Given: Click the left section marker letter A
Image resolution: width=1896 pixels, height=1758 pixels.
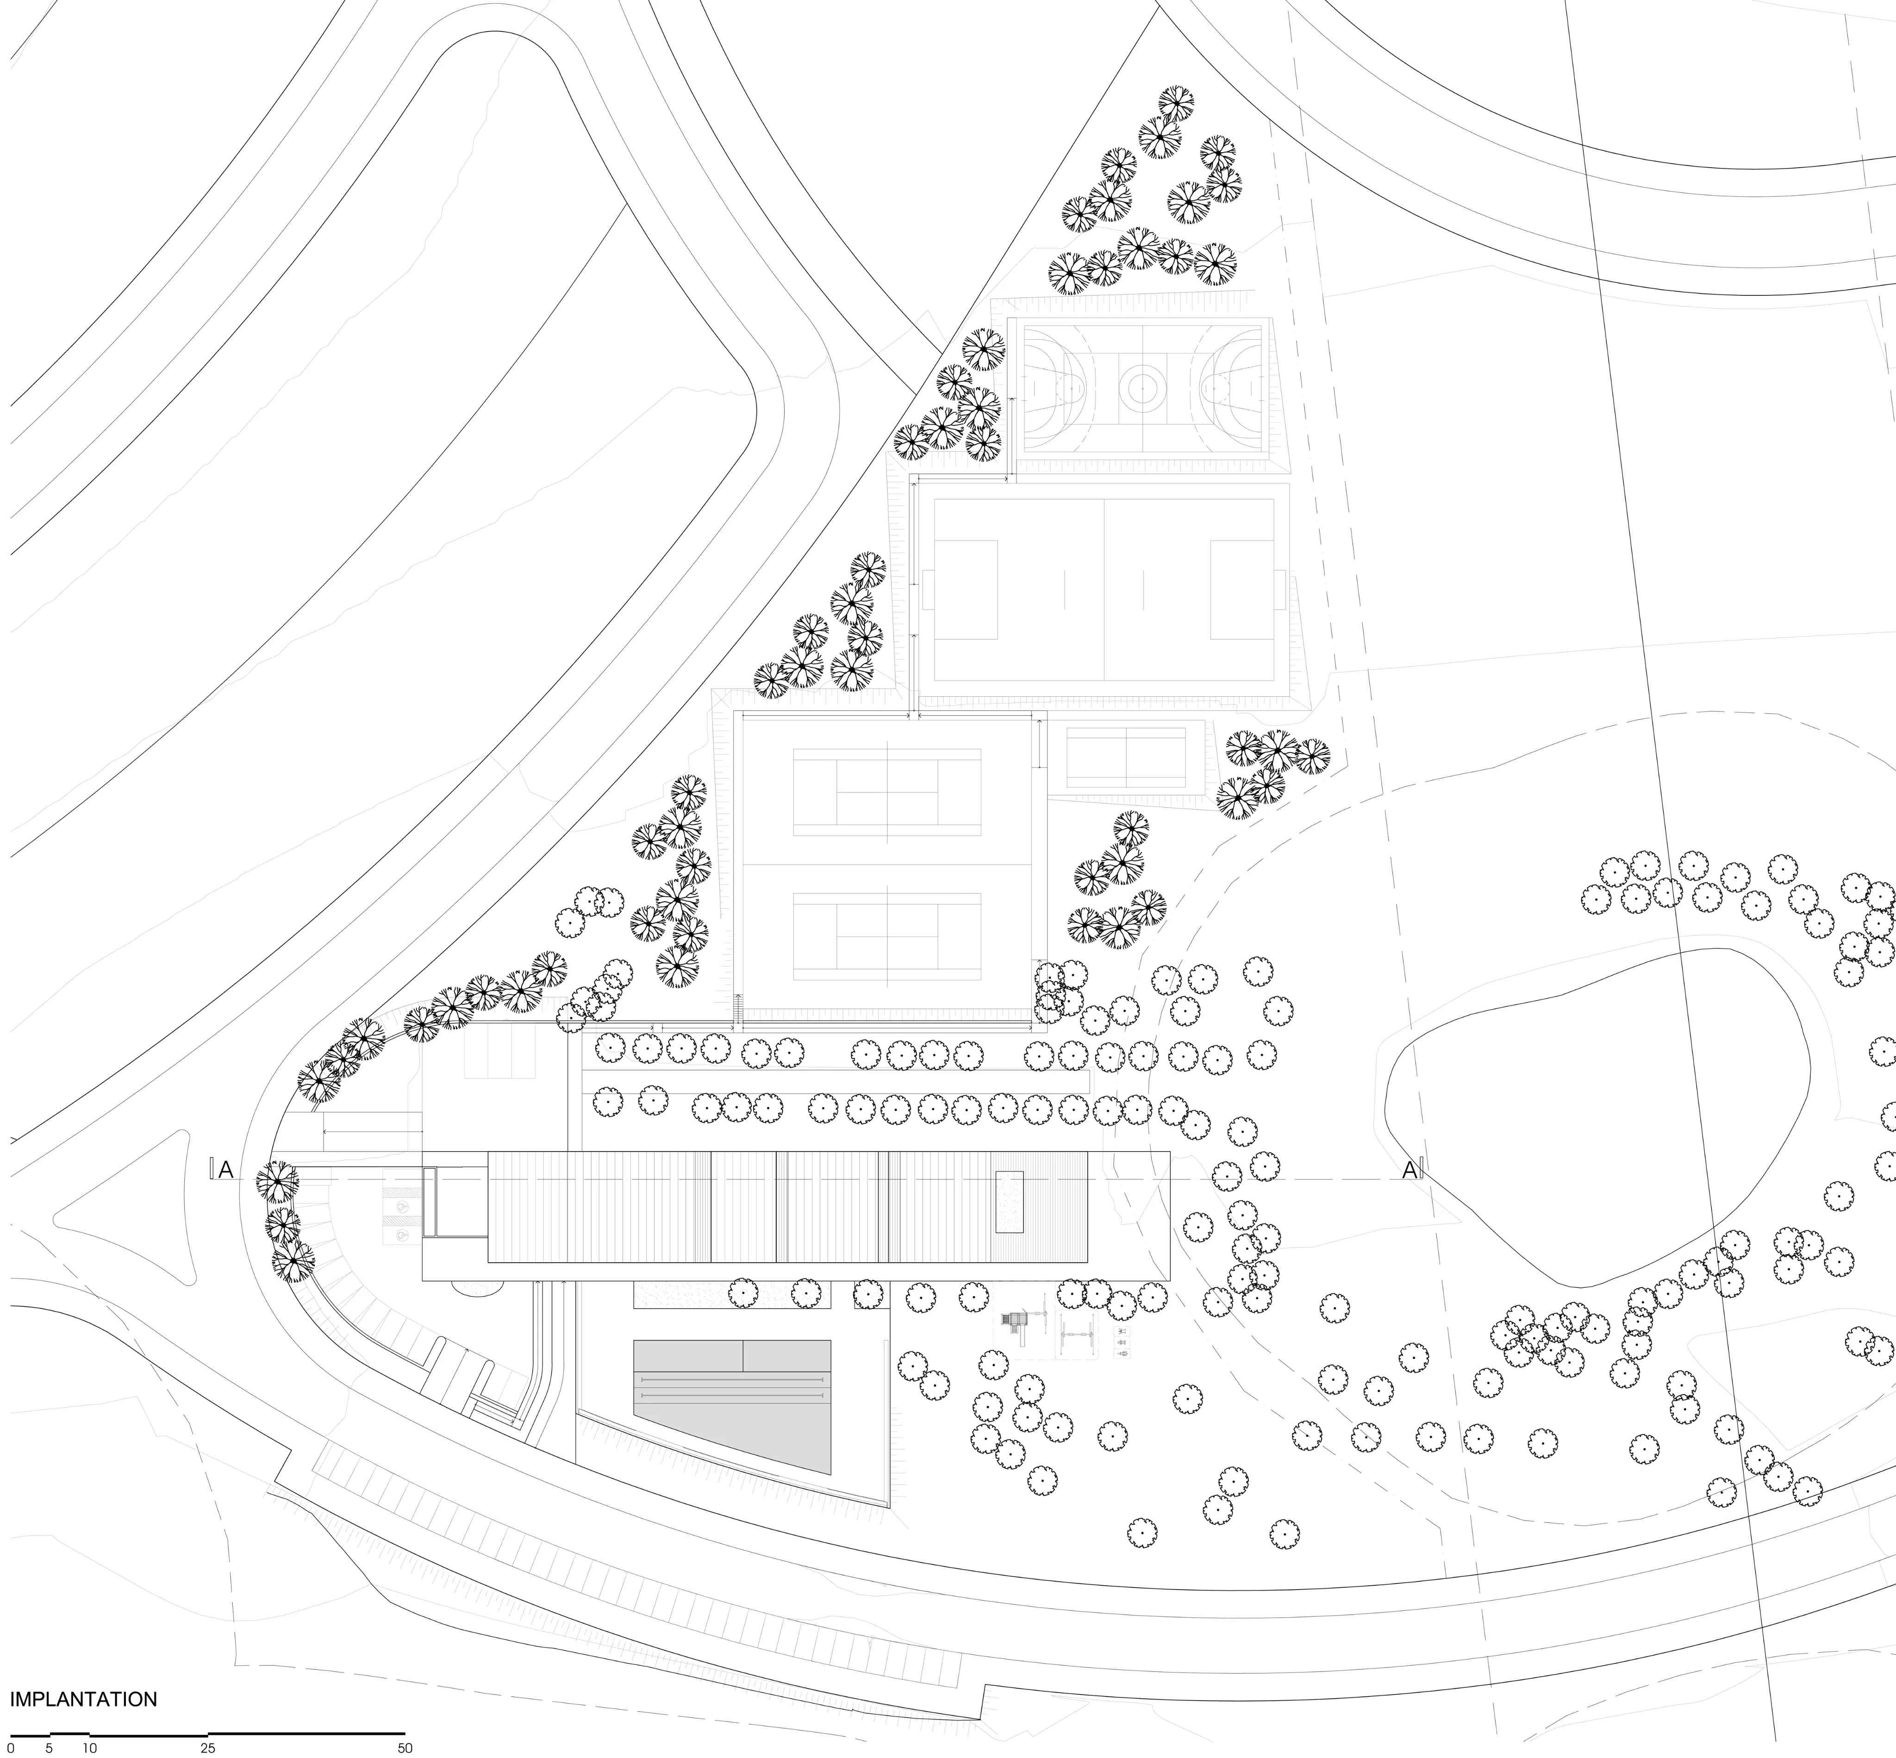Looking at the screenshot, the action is [x=226, y=1170].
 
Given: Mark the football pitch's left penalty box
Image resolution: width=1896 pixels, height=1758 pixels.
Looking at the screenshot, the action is [x=966, y=590].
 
